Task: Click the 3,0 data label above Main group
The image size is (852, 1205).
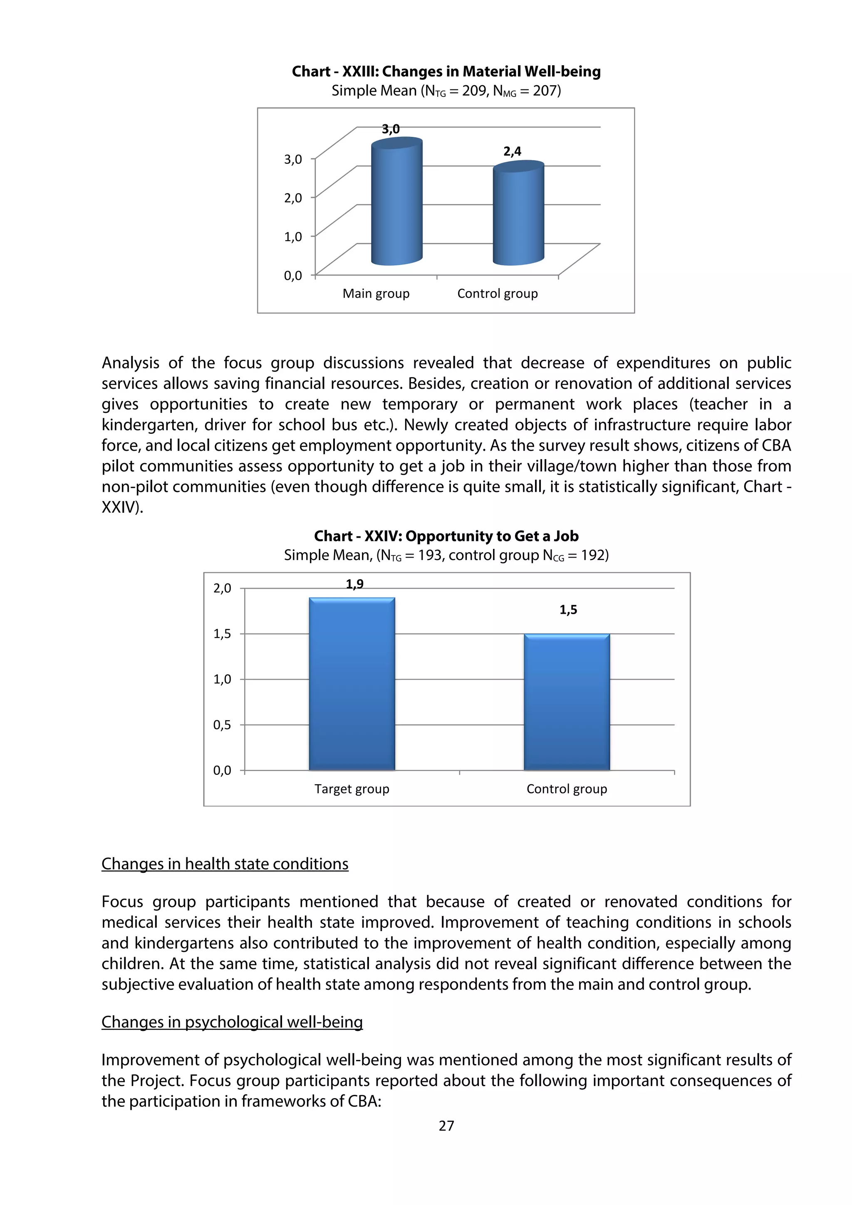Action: [x=391, y=129]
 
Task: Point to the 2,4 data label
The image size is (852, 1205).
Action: [x=513, y=152]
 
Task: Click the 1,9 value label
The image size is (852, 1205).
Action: [x=355, y=584]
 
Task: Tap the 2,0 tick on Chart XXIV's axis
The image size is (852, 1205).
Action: [x=222, y=588]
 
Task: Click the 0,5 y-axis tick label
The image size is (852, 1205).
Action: [x=222, y=725]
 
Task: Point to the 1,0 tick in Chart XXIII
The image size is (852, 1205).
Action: [x=293, y=237]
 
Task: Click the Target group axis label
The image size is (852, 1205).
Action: [x=352, y=789]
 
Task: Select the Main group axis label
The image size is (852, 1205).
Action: [x=376, y=294]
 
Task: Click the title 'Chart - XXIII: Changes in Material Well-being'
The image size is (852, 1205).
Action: [x=446, y=72]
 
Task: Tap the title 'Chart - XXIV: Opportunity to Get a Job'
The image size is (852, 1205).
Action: [x=446, y=536]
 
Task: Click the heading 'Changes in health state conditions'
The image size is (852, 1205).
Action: [x=225, y=864]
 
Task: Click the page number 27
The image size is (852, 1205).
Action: [x=446, y=1126]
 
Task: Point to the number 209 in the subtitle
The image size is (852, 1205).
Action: [x=474, y=91]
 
